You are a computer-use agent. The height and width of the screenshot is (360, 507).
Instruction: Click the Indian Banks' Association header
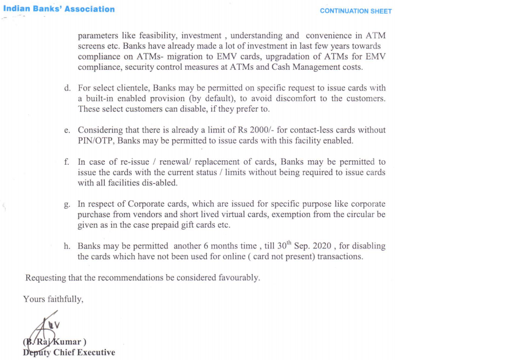pos(58,9)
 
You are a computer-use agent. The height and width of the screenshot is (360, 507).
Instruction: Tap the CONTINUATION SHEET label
pos(356,11)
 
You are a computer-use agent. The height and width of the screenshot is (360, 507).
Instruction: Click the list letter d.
pos(67,88)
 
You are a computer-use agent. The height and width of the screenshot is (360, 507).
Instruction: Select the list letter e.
pos(67,130)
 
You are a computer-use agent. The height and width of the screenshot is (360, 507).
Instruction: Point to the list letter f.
pos(67,162)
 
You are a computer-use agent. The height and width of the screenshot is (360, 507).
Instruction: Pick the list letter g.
pos(67,204)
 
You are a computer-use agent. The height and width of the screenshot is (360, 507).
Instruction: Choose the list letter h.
pos(67,247)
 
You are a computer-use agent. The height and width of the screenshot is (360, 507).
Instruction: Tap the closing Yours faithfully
pos(53,299)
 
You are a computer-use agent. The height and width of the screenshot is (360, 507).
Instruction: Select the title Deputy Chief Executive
pos(69,353)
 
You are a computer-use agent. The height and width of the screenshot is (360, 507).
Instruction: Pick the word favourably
pos(239,278)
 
